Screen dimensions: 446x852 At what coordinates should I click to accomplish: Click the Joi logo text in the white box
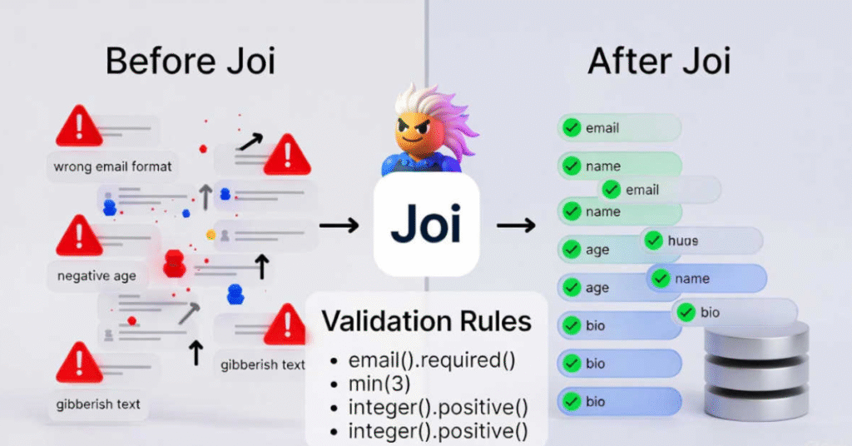pos(426,224)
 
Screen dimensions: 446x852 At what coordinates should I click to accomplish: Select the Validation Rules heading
pos(427,321)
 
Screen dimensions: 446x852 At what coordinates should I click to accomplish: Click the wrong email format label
pos(112,166)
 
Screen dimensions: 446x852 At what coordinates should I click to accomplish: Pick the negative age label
pos(97,275)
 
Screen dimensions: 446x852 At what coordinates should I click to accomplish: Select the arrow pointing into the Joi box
pos(339,225)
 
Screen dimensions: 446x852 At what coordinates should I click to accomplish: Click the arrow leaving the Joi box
pos(517,225)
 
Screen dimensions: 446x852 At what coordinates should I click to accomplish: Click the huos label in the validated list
pos(682,241)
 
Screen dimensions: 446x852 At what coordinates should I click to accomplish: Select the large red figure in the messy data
pos(174,262)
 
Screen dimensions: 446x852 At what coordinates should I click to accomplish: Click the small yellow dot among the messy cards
pos(211,235)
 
